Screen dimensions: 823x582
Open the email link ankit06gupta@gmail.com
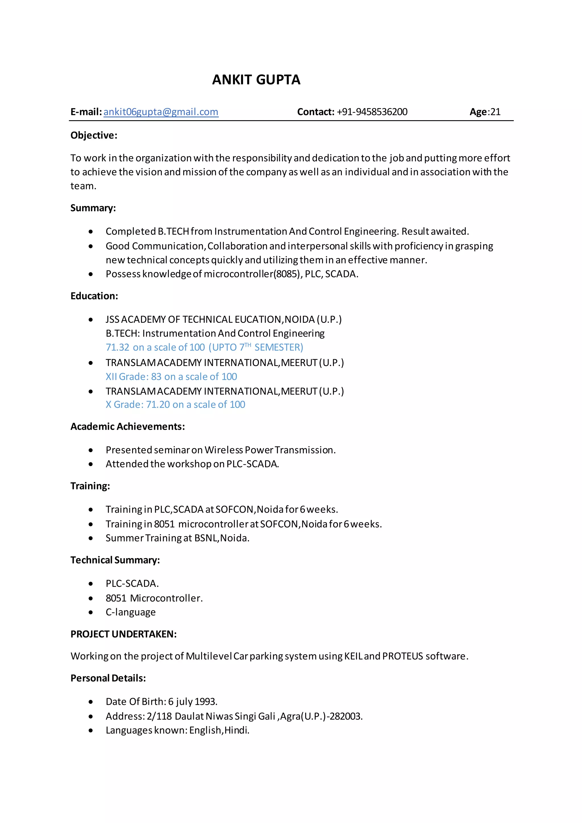point(161,112)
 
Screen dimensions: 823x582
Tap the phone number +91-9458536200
point(372,112)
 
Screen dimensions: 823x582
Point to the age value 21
point(495,112)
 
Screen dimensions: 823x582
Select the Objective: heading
point(94,136)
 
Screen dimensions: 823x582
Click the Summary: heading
point(93,208)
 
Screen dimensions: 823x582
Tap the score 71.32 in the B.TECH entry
point(117,347)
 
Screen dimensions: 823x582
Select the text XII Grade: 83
point(133,377)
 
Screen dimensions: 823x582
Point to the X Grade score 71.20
point(158,405)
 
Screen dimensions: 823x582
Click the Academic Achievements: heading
point(128,427)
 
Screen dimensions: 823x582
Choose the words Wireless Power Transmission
point(269,450)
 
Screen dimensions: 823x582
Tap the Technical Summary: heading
point(115,560)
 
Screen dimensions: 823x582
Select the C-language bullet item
point(130,612)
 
